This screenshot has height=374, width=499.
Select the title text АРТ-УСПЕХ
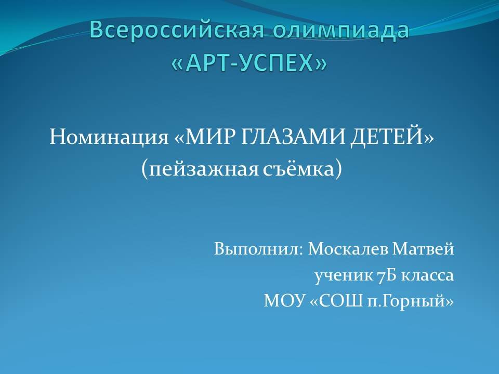pos(249,63)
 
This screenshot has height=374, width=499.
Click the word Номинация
pos(109,137)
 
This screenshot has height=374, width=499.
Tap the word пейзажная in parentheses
pos(204,169)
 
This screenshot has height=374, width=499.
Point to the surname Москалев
pos(348,249)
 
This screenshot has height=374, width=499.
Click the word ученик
pos(344,275)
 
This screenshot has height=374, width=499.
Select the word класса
pos(427,276)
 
